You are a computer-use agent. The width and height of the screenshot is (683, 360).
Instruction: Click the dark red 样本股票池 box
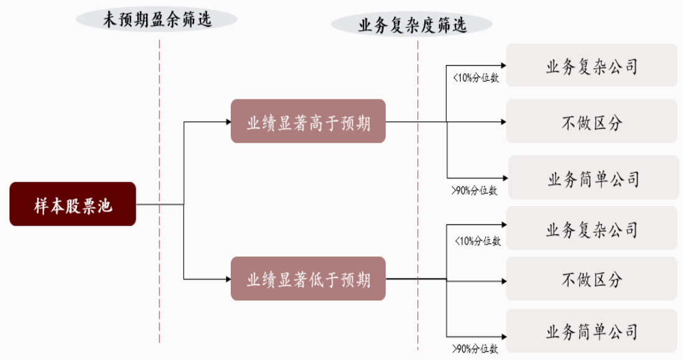point(73,204)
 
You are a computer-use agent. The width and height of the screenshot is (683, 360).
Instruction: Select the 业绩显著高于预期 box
point(308,121)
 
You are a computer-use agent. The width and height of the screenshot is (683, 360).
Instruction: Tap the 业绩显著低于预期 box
point(308,279)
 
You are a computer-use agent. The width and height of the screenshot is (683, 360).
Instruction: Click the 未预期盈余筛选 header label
point(157,20)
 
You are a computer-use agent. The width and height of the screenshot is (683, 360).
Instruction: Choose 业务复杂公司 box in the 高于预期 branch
point(592,65)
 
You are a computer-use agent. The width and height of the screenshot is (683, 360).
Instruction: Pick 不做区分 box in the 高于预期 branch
point(592,121)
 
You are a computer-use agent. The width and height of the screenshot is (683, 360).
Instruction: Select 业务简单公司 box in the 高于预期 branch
point(593,178)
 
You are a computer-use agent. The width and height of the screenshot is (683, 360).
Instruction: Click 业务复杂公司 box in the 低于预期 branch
point(592,228)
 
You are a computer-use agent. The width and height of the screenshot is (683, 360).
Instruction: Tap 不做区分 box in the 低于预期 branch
point(592,279)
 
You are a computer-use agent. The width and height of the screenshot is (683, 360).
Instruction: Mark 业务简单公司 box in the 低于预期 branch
point(592,331)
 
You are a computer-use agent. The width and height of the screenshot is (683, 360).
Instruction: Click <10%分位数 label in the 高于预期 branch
point(476,78)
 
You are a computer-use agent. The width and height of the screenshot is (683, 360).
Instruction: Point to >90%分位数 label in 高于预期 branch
point(475,190)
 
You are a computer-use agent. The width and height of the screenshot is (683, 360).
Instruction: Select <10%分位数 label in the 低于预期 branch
point(478,241)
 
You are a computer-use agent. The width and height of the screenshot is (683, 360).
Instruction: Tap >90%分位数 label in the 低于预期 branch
point(475,348)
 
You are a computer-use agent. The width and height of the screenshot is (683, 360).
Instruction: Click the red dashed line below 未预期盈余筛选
point(159,192)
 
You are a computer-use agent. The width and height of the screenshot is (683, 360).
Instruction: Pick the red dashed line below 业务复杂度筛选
point(418,195)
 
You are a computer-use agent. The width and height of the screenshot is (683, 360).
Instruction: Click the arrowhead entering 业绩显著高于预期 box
point(228,122)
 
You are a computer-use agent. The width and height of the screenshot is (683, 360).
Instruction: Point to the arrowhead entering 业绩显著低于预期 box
point(228,279)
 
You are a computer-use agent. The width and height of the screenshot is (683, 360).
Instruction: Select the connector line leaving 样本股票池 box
point(160,204)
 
